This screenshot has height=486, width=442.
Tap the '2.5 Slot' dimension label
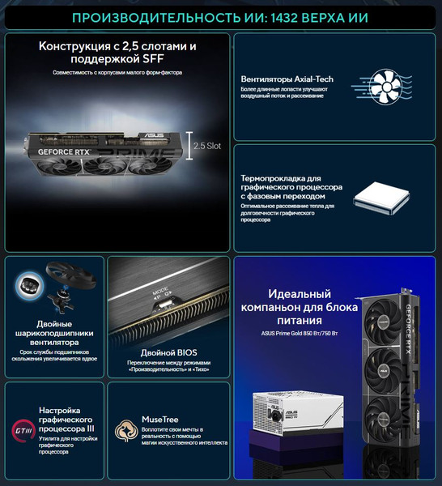coord(209,146)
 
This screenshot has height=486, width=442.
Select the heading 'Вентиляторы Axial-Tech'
coord(287,79)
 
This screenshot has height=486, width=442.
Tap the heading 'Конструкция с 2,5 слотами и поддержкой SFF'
coord(117,53)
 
